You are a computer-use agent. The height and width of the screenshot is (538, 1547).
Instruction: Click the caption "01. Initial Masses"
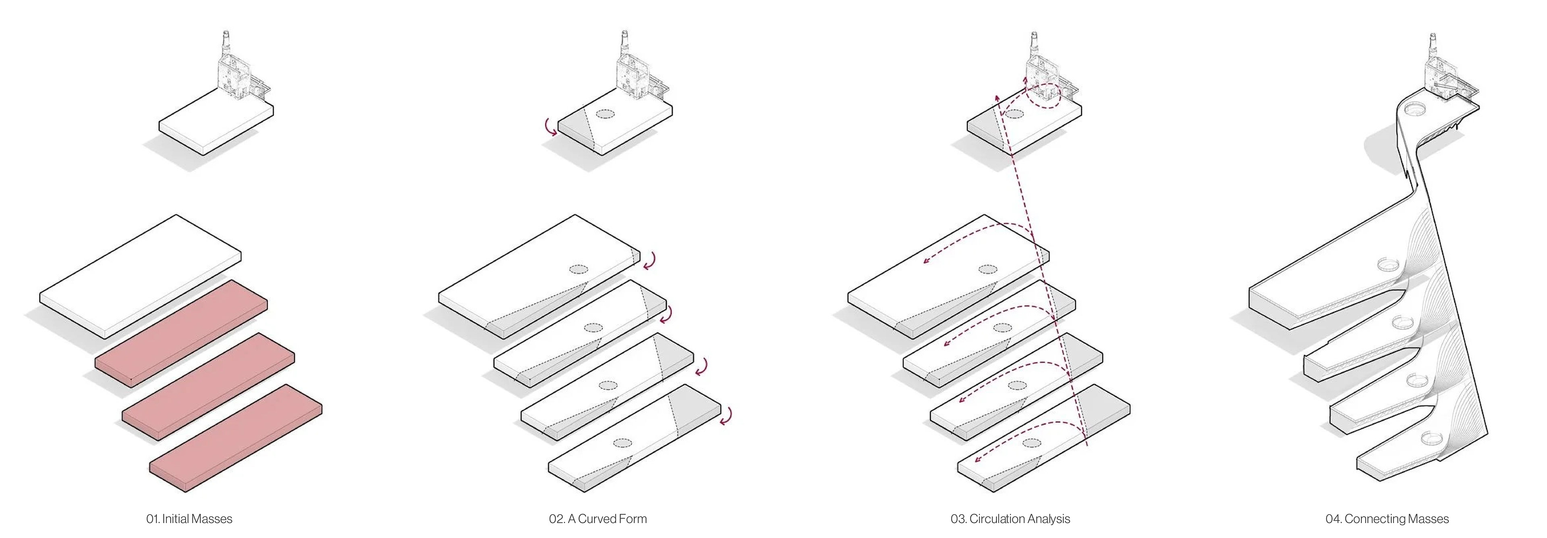pyautogui.click(x=189, y=519)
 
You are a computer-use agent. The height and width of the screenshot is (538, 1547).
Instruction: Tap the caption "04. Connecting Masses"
pyautogui.click(x=1387, y=519)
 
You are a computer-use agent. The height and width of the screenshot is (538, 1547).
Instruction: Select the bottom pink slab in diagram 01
pyautogui.click(x=235, y=438)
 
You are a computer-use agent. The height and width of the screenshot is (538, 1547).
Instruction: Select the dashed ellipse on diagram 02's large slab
pyautogui.click(x=579, y=270)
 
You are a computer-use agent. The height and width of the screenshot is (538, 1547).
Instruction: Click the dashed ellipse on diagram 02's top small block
pyautogui.click(x=606, y=114)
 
